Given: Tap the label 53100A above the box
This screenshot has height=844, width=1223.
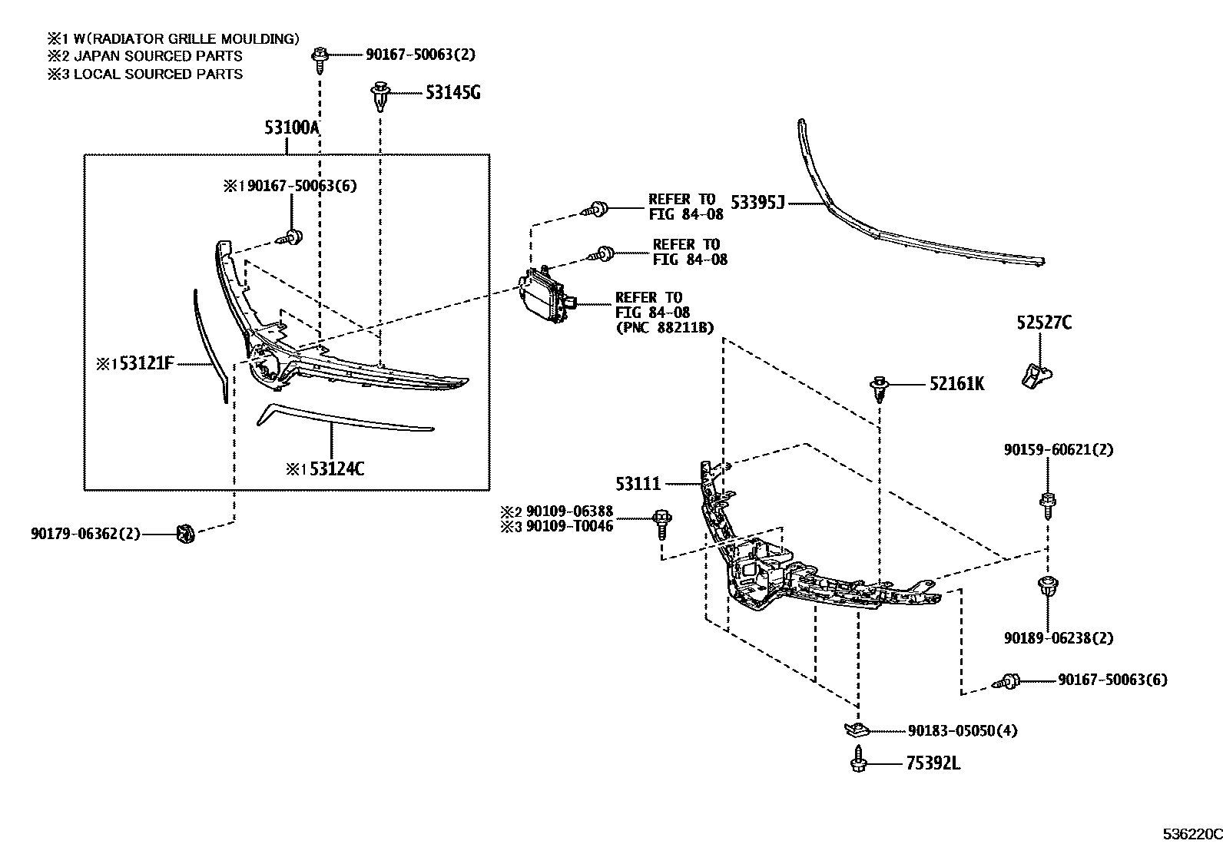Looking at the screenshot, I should point(291,127).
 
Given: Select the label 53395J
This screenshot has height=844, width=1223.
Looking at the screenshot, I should point(757,203).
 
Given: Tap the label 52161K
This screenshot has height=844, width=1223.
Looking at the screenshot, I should point(956,383).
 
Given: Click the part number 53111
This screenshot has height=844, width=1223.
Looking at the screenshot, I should point(638,484).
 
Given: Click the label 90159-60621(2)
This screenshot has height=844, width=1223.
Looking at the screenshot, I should point(1058,450).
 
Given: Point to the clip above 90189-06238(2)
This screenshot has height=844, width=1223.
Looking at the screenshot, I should point(1046,587).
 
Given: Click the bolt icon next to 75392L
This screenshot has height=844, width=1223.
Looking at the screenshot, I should point(857,763).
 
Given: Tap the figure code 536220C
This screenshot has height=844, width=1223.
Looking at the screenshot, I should point(1190,834).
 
